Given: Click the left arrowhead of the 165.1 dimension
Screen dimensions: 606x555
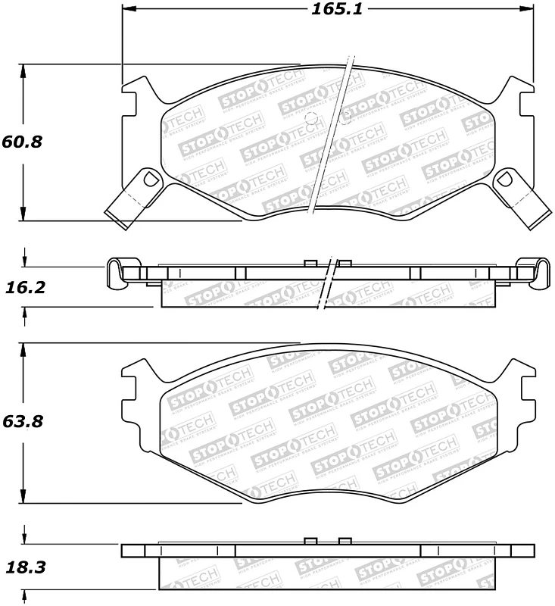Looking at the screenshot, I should (x=128, y=10).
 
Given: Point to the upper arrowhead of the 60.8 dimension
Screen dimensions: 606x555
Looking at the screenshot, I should (x=25, y=70).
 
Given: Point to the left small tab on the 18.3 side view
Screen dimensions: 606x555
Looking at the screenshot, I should (x=309, y=541).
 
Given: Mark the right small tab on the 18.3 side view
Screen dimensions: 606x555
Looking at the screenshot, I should (x=345, y=541).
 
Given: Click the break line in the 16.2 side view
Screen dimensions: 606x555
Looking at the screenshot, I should (x=329, y=284).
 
